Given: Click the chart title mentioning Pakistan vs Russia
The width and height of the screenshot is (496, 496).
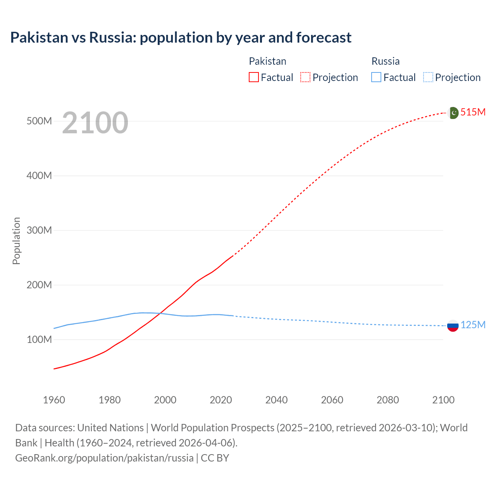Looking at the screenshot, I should tap(181, 38).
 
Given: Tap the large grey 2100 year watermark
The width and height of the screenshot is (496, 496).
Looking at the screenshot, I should tap(95, 123).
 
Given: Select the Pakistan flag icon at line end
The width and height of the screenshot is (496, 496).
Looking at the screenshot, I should tap(453, 113).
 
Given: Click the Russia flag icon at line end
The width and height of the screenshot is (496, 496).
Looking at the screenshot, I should tap(453, 325).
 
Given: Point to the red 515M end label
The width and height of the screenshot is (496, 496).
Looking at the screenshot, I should tap(473, 112).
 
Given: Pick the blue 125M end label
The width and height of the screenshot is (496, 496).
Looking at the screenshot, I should tap(473, 325).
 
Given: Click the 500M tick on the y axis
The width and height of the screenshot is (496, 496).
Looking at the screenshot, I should tap(39, 121).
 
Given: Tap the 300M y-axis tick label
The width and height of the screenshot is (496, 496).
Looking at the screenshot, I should tap(39, 231).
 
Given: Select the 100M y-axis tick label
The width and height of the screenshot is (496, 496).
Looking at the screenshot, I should tap(39, 340).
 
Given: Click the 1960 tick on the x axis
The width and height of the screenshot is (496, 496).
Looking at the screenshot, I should tap(54, 400).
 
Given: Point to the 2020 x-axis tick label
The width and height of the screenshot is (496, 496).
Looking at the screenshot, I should tap(221, 400).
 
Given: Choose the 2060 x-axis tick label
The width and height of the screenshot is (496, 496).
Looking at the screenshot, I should tap(332, 400).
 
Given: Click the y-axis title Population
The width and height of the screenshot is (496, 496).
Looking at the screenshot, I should tap(16, 241).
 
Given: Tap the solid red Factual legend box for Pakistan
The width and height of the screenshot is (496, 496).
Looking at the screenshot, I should tap(253, 77).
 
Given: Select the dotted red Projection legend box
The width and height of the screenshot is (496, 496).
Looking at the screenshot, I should tap(305, 77).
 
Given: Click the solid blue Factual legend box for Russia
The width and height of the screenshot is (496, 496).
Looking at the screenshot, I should tap(376, 77).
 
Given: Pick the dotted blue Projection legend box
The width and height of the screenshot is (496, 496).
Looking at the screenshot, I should tap(428, 77).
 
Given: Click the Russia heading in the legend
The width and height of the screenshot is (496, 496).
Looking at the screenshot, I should tap(385, 61).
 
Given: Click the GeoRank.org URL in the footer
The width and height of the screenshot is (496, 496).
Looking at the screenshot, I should tap(104, 458).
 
